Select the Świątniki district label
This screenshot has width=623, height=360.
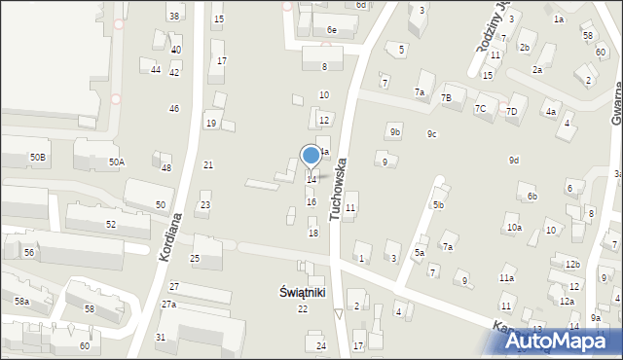(x=302, y=291)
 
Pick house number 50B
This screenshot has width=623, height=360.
(x=38, y=157)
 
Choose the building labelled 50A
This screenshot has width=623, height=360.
(x=116, y=162)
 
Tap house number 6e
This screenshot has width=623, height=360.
(x=331, y=30)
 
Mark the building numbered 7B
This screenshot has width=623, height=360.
(x=446, y=98)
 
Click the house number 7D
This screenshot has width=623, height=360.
(x=512, y=112)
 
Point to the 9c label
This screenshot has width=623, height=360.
(x=431, y=134)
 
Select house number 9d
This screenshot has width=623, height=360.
(x=513, y=160)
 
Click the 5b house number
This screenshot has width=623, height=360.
(x=439, y=205)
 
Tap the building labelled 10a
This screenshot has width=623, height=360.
(x=513, y=228)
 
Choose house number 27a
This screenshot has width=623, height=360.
(x=168, y=305)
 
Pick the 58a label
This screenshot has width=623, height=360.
(x=21, y=303)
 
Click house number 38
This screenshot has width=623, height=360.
(x=174, y=17)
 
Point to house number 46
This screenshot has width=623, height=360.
(x=174, y=108)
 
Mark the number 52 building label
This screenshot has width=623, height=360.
(x=111, y=225)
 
